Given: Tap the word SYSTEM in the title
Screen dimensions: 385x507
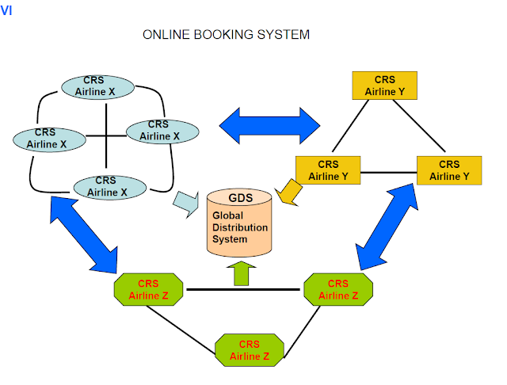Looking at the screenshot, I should [x=283, y=35].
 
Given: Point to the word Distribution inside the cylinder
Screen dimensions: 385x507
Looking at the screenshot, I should [x=240, y=227].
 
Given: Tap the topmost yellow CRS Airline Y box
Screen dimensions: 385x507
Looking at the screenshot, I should [x=385, y=86].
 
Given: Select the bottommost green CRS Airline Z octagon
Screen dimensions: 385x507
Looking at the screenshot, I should [x=250, y=350].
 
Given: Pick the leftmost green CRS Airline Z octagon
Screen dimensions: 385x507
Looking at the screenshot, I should [x=148, y=290].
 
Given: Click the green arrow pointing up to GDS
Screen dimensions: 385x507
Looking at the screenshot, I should [x=240, y=273].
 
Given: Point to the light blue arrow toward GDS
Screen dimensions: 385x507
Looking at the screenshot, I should [x=187, y=205].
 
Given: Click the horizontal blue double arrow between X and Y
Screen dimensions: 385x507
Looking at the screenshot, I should [x=269, y=125].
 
